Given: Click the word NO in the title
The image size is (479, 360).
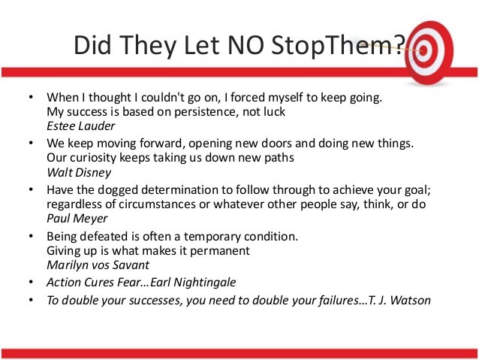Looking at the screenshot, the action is point(246,44).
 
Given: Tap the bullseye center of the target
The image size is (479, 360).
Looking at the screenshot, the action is point(423,51).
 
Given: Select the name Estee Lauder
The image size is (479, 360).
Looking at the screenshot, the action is point(80,126).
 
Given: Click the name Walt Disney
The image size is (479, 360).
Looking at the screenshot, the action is point(79,173).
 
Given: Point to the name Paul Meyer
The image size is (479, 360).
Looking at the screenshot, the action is point(77,219).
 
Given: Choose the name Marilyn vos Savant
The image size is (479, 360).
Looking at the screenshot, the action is point(98,265).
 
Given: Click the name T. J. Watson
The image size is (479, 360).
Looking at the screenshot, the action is point(399,300).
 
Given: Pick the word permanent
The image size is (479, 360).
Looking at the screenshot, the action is point(220,251).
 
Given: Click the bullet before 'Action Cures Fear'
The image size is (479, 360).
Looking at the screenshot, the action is point(31,282).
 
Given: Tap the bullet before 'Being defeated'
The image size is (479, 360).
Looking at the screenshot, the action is point(31,236).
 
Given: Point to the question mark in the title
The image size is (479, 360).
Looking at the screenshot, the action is point(399,44).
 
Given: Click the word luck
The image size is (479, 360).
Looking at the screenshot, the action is point(274,112).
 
